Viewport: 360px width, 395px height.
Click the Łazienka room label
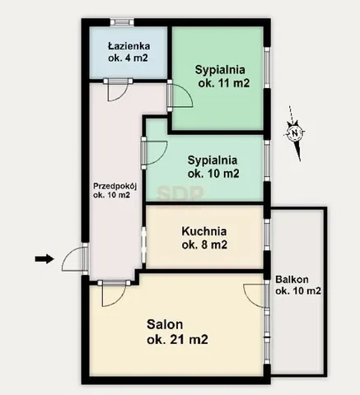click(129, 52)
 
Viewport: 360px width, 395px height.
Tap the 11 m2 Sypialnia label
click(222, 77)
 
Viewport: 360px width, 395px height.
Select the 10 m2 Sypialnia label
click(213, 166)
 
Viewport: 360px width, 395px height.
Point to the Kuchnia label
click(204, 238)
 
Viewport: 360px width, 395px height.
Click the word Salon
click(165, 324)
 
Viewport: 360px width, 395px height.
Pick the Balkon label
click(298, 285)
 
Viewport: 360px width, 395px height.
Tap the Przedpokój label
click(115, 190)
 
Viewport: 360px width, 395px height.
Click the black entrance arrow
click(44, 258)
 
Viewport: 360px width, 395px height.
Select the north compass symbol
click(295, 133)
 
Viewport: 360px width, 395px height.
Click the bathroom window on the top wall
click(122, 22)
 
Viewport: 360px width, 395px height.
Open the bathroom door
click(118, 90)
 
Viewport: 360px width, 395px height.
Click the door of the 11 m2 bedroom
click(180, 95)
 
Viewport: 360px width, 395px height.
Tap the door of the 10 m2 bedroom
click(154, 153)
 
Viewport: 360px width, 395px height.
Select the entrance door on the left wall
click(75, 258)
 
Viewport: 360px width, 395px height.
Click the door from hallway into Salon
click(114, 293)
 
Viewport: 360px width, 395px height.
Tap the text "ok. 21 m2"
click(177, 340)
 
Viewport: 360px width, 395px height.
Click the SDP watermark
click(180, 193)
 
